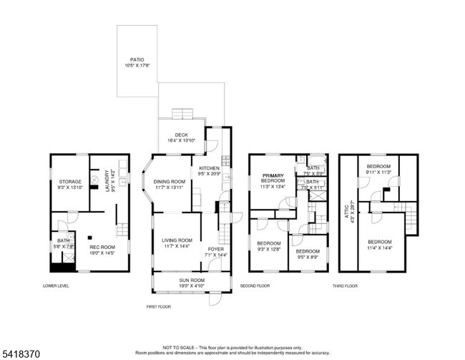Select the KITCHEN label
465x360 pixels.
pos(209,168)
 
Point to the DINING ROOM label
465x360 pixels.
pos(170,182)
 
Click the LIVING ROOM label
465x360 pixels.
pos(177,240)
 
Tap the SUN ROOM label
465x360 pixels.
pos(192,281)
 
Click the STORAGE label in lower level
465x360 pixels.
pos(69,182)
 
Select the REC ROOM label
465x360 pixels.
pos(102,247)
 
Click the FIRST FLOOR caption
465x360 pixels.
pos(160,306)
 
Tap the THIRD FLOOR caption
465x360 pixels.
pos(345,286)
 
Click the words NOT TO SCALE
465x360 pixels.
pos(179,346)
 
